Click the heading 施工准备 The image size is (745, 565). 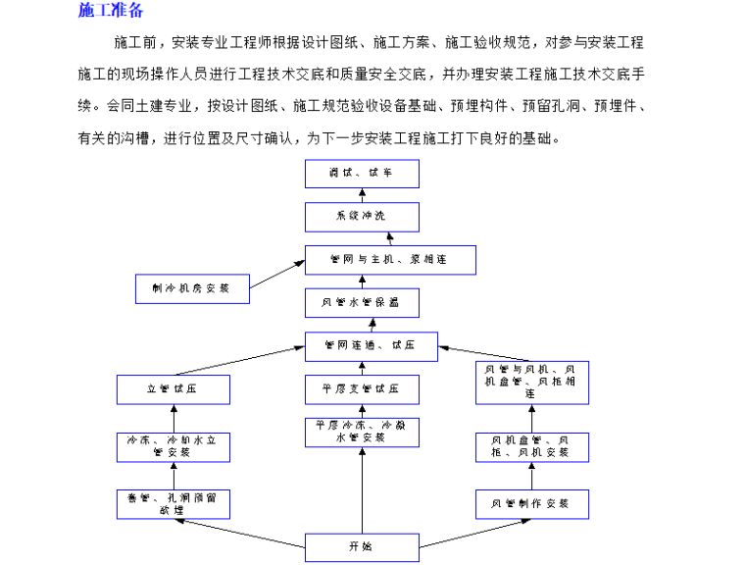point(111,11)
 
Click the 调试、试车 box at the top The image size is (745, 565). point(362,174)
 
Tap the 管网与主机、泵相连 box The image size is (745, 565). point(390,260)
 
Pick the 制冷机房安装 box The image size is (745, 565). point(192,289)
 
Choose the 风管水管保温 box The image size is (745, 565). point(362,303)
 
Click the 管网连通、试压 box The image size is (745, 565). point(372,346)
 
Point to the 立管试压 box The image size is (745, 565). point(174,389)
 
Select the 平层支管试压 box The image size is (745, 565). point(362,389)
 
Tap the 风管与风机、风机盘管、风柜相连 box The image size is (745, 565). point(532,383)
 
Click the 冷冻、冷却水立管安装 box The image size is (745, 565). point(174,446)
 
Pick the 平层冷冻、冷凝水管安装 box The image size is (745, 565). point(362,432)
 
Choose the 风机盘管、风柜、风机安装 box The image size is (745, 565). point(532,446)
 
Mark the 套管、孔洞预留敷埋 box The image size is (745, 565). point(174,503)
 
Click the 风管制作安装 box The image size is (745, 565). point(532,503)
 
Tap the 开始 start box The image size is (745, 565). point(362,546)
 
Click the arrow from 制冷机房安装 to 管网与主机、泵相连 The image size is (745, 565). point(276,275)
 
